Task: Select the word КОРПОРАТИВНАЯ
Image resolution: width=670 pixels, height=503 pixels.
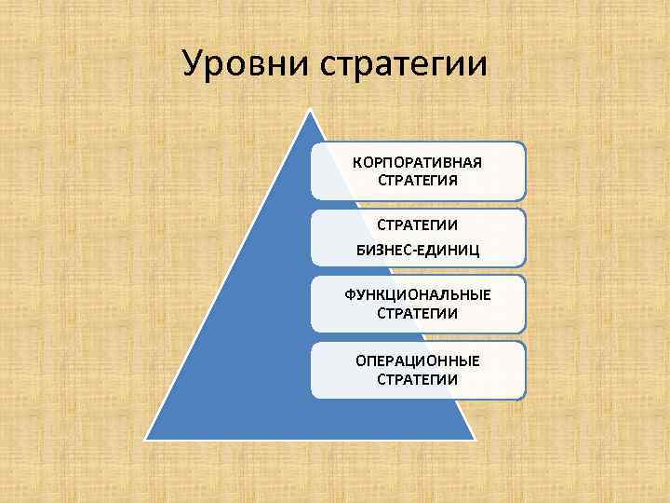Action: (417, 162)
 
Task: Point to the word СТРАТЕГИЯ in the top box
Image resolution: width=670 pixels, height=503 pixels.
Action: (417, 180)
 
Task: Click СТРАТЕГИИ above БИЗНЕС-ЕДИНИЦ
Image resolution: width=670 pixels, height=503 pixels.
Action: (417, 225)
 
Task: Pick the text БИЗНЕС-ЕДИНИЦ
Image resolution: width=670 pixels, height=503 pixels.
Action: (417, 249)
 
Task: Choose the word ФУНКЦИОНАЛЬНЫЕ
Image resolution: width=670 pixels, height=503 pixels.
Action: (417, 295)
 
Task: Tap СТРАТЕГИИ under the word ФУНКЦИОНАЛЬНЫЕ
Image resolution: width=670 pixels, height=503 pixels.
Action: (417, 313)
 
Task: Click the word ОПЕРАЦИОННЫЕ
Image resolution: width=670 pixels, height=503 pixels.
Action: (417, 360)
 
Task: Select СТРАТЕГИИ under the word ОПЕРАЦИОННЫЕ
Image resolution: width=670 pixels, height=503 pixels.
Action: (417, 379)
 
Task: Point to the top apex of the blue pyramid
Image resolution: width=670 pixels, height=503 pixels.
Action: (311, 110)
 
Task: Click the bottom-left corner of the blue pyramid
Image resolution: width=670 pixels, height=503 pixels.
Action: (146, 439)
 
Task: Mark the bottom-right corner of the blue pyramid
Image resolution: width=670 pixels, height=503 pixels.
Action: (476, 439)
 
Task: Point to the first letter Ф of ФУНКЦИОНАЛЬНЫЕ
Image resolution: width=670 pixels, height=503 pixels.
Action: (350, 295)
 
